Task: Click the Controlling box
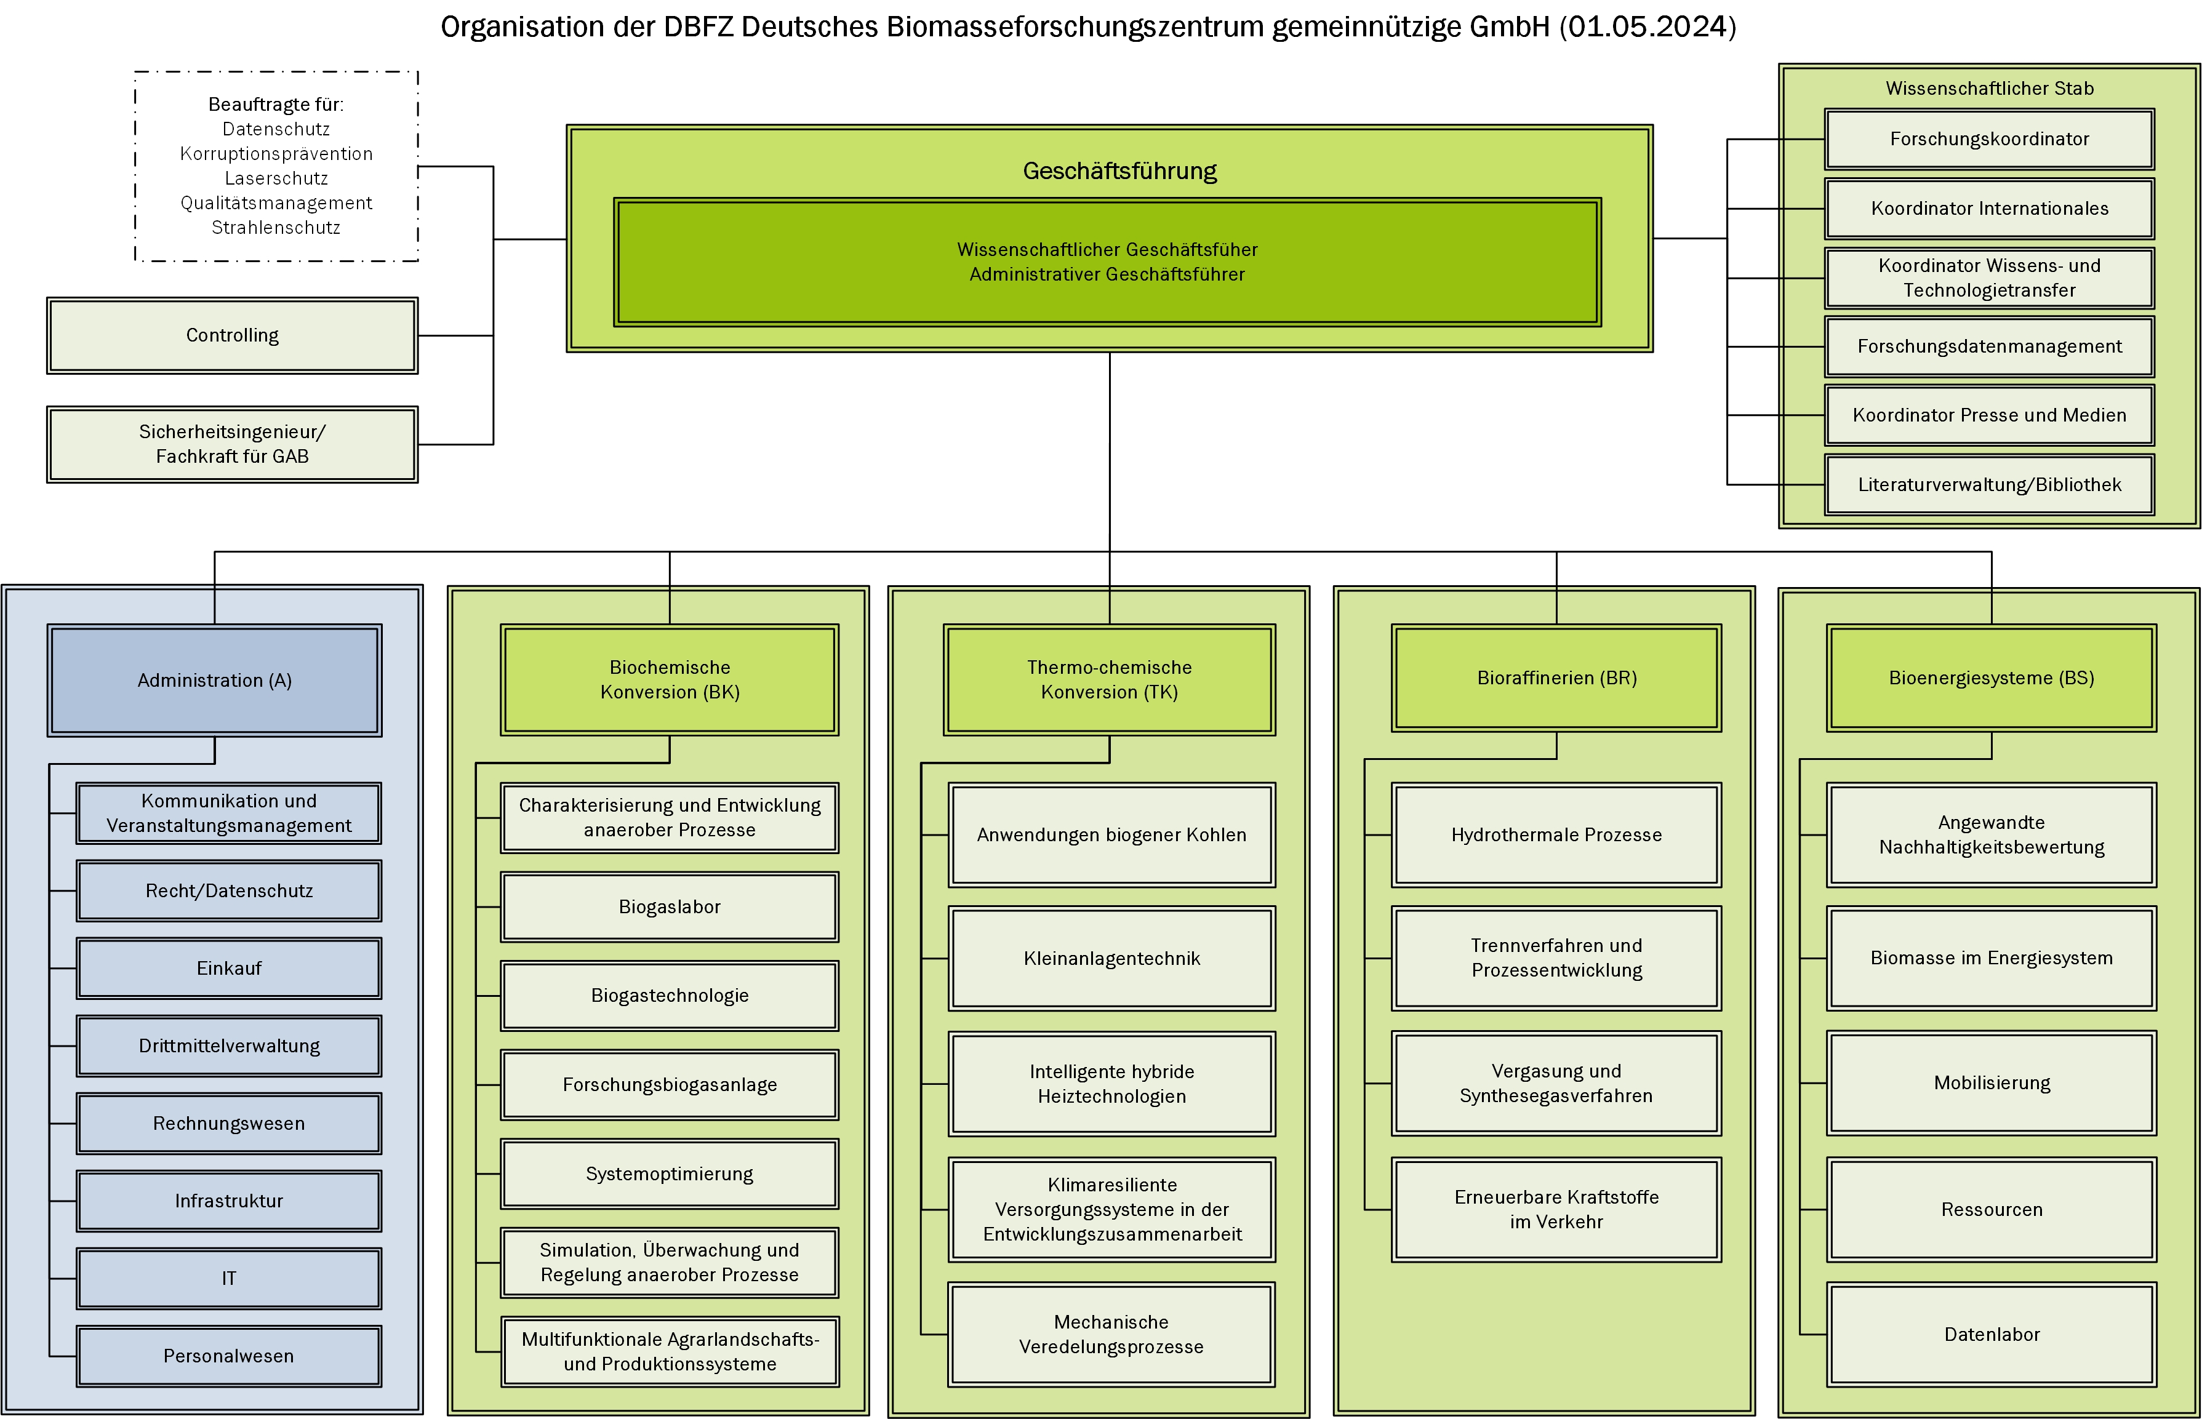tap(232, 335)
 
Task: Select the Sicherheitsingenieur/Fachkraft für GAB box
tap(232, 444)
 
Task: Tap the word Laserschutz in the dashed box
tap(276, 178)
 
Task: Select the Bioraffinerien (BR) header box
tap(1556, 678)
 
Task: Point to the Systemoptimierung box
tap(670, 1174)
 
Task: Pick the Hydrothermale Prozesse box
tap(1556, 836)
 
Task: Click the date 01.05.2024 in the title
tap(1644, 26)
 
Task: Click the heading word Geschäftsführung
tap(1119, 172)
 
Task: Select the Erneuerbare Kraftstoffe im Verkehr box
tap(1556, 1210)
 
